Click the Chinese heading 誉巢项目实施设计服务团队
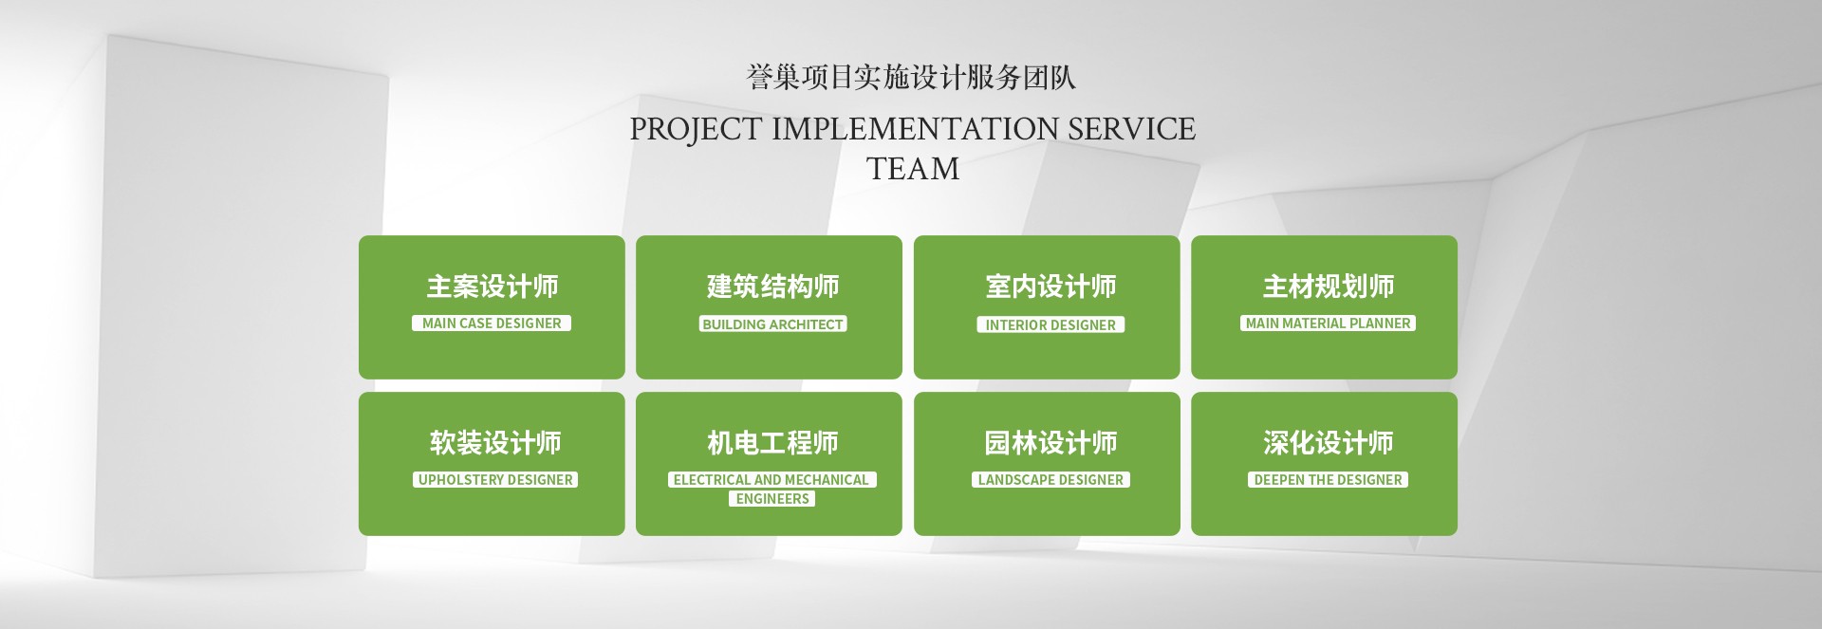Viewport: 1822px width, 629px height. (911, 77)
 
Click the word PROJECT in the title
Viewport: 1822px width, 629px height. (697, 129)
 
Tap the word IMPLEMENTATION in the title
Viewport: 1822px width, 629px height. (915, 128)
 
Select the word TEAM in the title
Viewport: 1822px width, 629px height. (913, 169)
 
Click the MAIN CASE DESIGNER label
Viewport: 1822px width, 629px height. (492, 324)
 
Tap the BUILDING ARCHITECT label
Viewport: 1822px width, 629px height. (772, 324)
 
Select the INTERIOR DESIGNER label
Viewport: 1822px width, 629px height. (1050, 325)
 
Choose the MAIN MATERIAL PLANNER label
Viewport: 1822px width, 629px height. (1328, 324)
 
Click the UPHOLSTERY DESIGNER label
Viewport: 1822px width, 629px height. (495, 480)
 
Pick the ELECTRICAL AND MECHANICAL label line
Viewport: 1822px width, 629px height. (772, 480)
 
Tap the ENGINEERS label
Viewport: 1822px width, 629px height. (772, 499)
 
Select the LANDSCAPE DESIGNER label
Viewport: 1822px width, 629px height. (1050, 480)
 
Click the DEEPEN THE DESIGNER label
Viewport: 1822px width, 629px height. (1328, 480)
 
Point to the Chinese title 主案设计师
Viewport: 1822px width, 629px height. (492, 287)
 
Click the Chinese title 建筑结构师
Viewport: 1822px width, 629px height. (772, 287)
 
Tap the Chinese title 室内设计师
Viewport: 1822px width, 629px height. (1050, 287)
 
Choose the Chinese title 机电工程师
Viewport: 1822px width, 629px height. (772, 443)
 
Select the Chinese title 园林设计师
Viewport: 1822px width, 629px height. (1050, 443)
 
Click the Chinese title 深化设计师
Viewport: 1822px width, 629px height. (1328, 443)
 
